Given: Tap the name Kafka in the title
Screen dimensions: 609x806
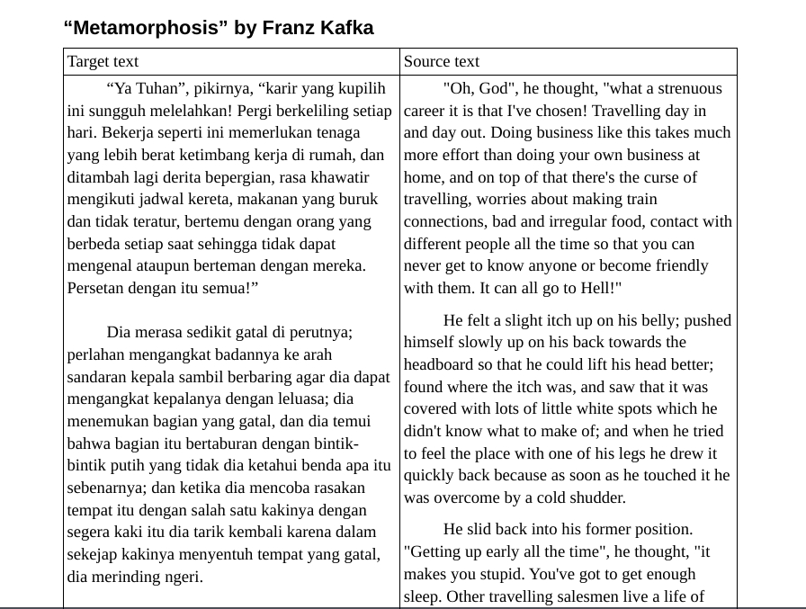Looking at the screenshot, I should [x=346, y=28].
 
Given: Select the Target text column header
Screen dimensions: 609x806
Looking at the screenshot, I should [x=103, y=61].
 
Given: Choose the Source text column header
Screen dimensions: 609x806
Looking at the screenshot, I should [x=442, y=61].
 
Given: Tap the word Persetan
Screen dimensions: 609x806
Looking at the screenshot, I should [x=97, y=288].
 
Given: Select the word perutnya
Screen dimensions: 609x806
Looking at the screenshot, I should [x=325, y=332].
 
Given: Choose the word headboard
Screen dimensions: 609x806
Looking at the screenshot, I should [x=440, y=364].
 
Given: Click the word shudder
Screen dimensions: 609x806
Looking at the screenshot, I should [x=597, y=497].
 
